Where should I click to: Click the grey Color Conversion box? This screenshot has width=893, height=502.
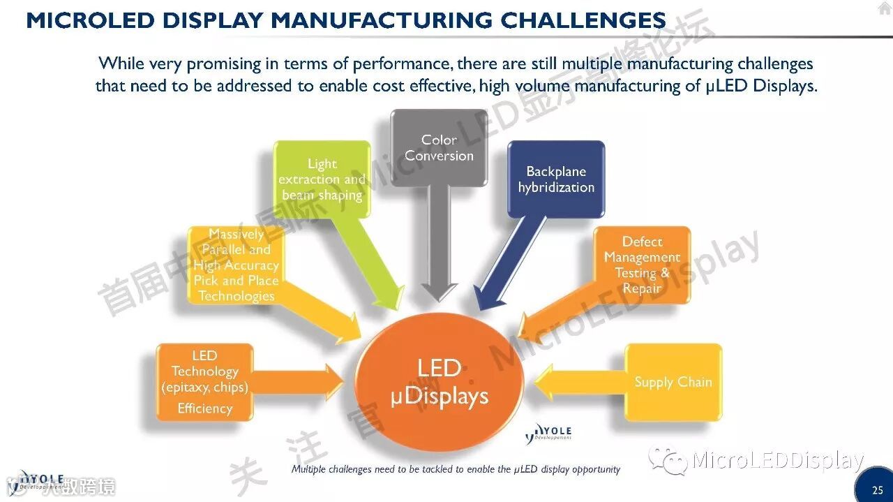pyautogui.click(x=439, y=148)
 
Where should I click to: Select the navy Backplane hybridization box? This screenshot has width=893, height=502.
pyautogui.click(x=556, y=179)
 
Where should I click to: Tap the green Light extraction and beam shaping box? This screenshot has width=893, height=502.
pyautogui.click(x=322, y=179)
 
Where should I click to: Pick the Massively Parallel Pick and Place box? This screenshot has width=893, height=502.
pyautogui.click(x=236, y=265)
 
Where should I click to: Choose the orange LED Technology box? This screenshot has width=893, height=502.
pyautogui.click(x=204, y=382)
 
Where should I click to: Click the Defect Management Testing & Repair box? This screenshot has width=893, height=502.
pyautogui.click(x=642, y=265)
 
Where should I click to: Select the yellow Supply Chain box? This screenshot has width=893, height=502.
pyautogui.click(x=673, y=382)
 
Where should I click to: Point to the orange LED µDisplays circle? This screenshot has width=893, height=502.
pyautogui.click(x=440, y=383)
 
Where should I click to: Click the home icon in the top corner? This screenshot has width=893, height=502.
pyautogui.click(x=884, y=8)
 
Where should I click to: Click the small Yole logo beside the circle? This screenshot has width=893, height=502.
pyautogui.click(x=548, y=434)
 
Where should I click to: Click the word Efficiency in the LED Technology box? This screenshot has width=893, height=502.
pyautogui.click(x=204, y=408)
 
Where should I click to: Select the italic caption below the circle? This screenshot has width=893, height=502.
pyautogui.click(x=456, y=469)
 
